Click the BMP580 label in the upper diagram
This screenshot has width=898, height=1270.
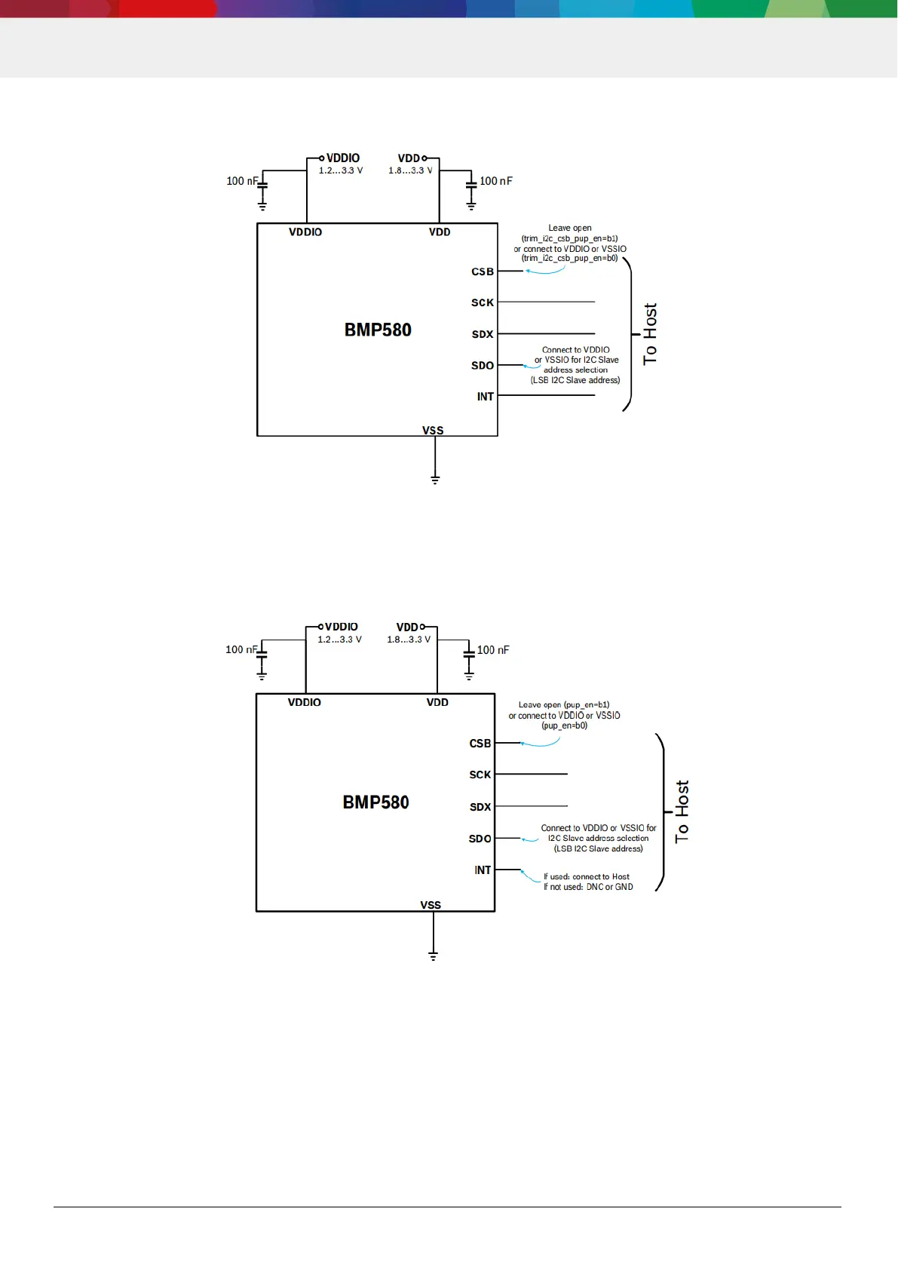point(378,330)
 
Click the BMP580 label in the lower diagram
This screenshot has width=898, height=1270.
point(375,802)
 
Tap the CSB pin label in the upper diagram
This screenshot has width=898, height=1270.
point(483,271)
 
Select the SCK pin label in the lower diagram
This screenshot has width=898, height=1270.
point(480,775)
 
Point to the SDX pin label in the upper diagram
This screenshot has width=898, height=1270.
point(483,334)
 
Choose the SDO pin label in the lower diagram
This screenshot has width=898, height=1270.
point(480,839)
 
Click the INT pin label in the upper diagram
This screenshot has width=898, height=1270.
point(485,397)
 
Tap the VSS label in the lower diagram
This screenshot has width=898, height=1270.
point(431,904)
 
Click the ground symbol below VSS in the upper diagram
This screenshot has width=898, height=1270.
point(435,479)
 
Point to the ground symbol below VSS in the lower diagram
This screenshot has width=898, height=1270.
point(433,956)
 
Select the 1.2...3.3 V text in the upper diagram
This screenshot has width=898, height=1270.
point(340,170)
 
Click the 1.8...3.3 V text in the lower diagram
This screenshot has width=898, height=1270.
point(409,640)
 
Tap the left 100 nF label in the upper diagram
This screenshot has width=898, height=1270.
point(242,181)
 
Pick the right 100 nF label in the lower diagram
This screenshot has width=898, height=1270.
point(493,650)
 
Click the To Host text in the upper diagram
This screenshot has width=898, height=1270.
point(650,334)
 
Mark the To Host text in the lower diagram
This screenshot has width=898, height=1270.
point(682,811)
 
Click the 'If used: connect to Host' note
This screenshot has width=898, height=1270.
point(587,876)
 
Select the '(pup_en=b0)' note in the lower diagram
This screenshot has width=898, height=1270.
point(564,725)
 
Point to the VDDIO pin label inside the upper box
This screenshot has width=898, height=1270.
point(305,232)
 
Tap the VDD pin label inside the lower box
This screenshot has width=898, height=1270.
point(437,702)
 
